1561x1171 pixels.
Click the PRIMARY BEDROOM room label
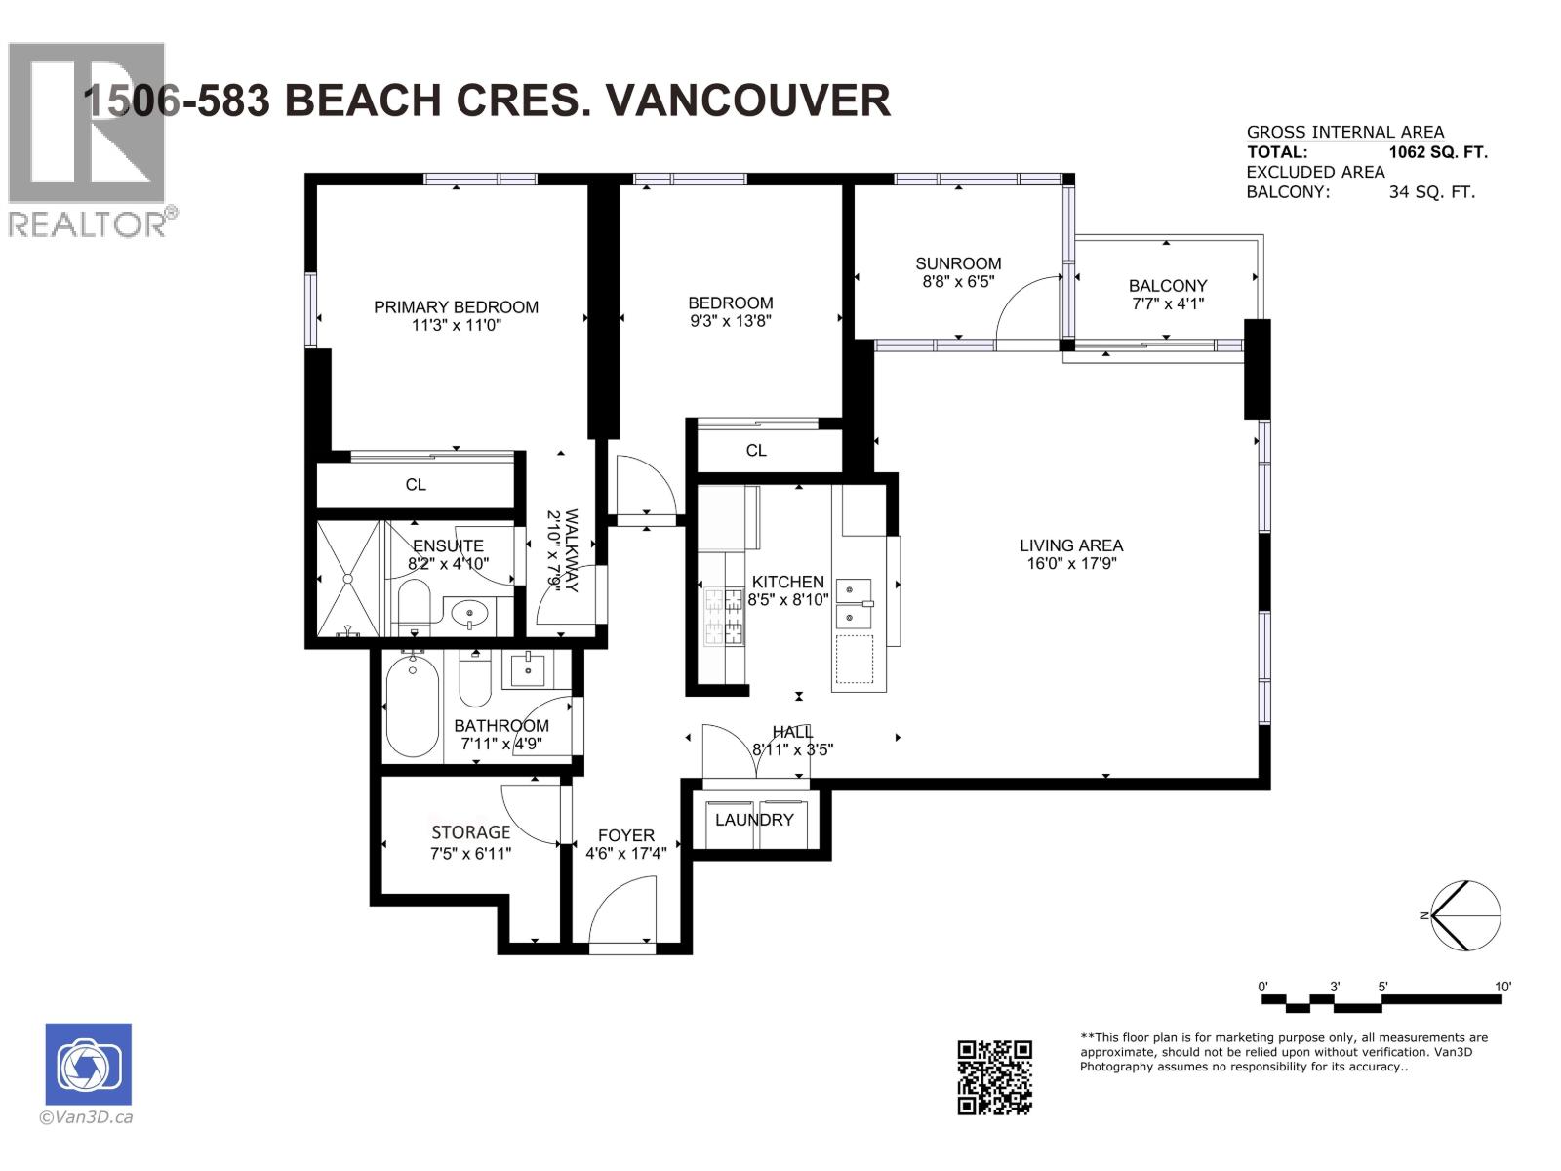click(456, 306)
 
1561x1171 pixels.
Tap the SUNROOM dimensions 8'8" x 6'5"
click(958, 282)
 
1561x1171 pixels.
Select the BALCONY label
click(1168, 285)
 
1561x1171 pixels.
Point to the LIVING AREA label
click(1071, 545)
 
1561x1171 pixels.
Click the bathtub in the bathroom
click(412, 707)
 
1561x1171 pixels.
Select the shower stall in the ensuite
click(347, 579)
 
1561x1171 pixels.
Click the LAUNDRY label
click(754, 820)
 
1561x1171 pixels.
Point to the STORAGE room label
click(470, 832)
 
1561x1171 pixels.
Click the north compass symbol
click(1464, 915)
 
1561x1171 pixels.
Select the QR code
click(994, 1076)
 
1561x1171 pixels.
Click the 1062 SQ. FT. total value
click(1438, 152)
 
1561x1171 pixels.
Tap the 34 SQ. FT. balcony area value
click(1431, 192)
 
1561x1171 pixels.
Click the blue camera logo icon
click(89, 1064)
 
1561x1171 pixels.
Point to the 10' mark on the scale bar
click(1502, 987)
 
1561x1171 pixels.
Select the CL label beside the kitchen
click(756, 450)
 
